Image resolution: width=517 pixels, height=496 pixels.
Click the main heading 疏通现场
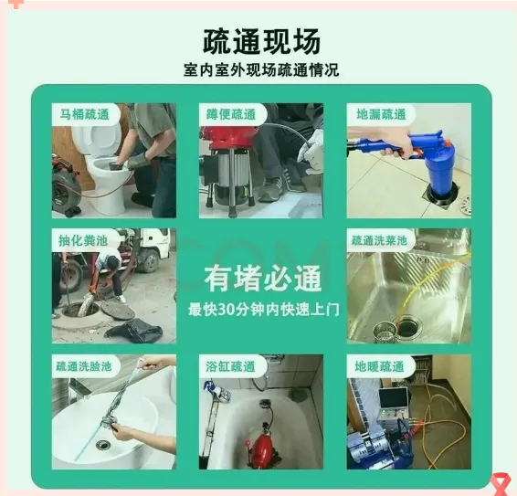pyautogui.click(x=261, y=41)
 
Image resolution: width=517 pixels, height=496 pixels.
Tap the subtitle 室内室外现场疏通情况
pyautogui.click(x=261, y=70)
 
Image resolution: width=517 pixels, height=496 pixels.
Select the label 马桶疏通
pyautogui.click(x=84, y=114)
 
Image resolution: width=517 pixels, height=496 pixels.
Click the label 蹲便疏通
pyautogui.click(x=231, y=114)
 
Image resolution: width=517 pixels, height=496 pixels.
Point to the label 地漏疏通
pyautogui.click(x=381, y=114)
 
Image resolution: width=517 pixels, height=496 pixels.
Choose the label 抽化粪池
pyautogui.click(x=83, y=240)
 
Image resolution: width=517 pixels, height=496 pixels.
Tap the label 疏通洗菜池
pyautogui.click(x=379, y=240)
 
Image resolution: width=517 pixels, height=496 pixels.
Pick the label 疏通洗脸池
pyautogui.click(x=84, y=366)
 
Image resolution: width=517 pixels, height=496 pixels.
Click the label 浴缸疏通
pyautogui.click(x=230, y=366)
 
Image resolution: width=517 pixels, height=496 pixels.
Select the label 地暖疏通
pyautogui.click(x=379, y=366)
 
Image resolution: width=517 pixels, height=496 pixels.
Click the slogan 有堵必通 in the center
pyautogui.click(x=263, y=279)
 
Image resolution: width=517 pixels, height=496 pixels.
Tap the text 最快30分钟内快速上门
pyautogui.click(x=263, y=310)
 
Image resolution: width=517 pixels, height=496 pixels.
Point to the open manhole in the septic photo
pyautogui.click(x=80, y=309)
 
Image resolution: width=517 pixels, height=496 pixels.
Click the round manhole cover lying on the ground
pyautogui.click(x=118, y=310)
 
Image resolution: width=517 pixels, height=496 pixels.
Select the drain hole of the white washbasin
pyautogui.click(x=103, y=444)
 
